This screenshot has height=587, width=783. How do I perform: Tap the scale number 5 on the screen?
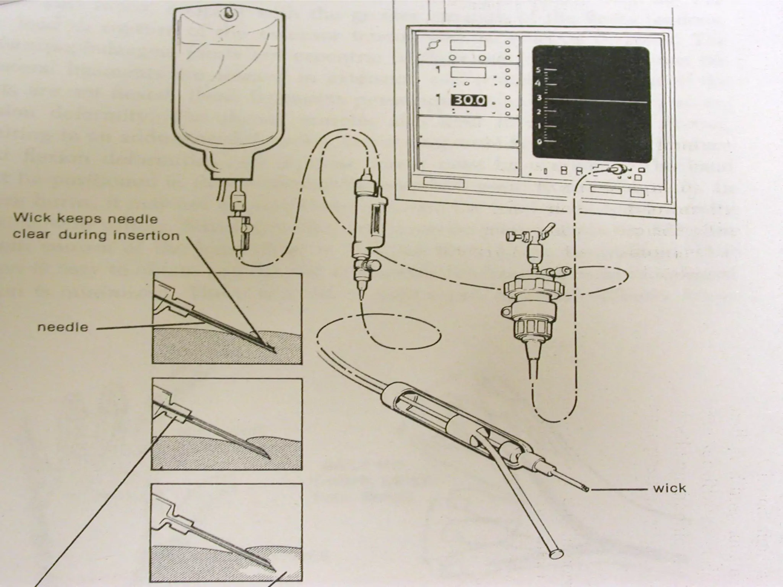point(539,70)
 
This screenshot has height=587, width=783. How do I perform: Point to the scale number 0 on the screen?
point(539,142)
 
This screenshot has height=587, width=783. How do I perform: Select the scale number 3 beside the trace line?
point(539,98)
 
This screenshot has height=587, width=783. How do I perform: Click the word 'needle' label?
point(63,328)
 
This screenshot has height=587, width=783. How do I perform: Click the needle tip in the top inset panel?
point(275,352)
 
